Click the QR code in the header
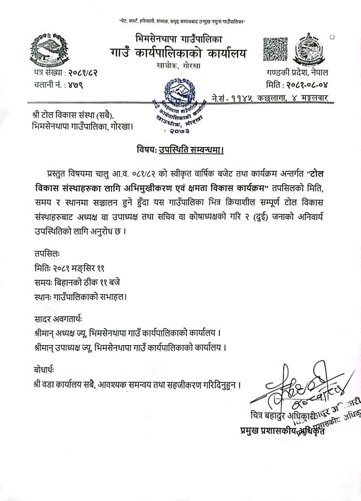pos(276,50)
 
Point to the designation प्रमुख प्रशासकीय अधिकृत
pos(282,431)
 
